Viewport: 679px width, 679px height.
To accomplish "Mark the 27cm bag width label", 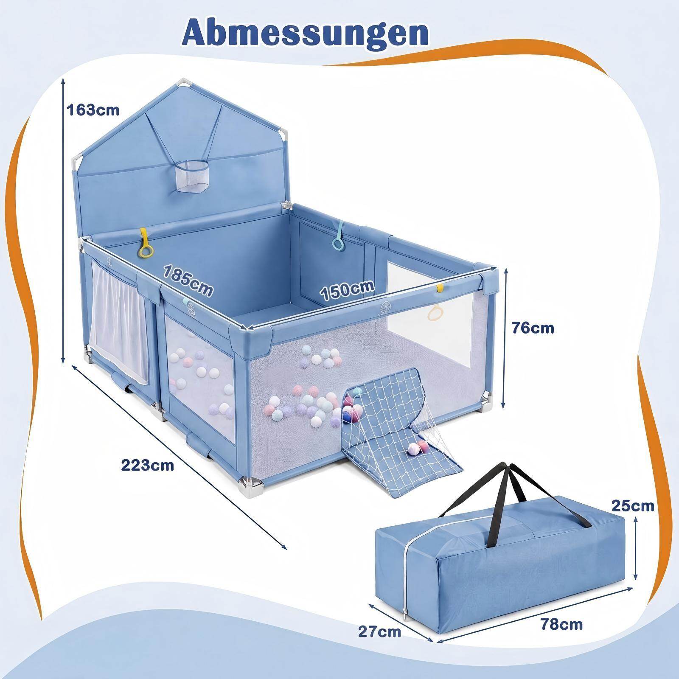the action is tap(379, 632).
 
